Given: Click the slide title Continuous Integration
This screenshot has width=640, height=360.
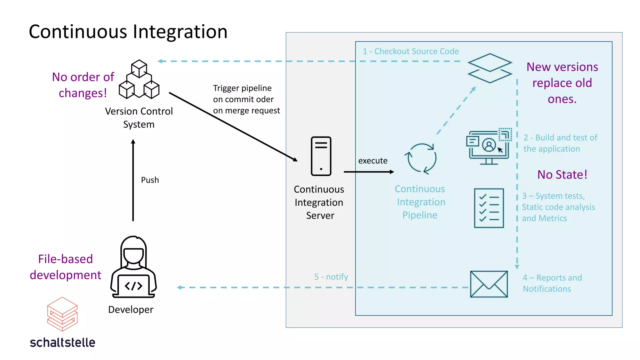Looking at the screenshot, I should pyautogui.click(x=128, y=32).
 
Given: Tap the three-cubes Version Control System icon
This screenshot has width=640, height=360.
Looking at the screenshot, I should pyautogui.click(x=139, y=80).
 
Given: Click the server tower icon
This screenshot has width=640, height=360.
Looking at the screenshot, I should pyautogui.click(x=321, y=156).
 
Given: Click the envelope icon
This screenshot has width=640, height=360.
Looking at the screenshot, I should pyautogui.click(x=489, y=284).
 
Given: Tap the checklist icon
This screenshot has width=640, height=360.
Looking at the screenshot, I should pyautogui.click(x=489, y=208).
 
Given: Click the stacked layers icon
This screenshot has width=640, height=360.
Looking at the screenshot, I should pyautogui.click(x=490, y=68).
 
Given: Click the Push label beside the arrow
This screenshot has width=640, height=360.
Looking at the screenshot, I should pyautogui.click(x=150, y=180).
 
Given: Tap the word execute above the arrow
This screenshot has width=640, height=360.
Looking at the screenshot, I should pyautogui.click(x=372, y=161).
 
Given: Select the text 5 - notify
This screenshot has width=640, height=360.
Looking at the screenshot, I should pyautogui.click(x=331, y=277).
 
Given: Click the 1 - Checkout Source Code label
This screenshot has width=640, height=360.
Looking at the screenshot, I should pyautogui.click(x=411, y=51).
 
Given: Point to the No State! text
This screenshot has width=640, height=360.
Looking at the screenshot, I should pyautogui.click(x=562, y=175).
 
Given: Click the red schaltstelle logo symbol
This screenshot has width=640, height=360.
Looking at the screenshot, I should pyautogui.click(x=62, y=314).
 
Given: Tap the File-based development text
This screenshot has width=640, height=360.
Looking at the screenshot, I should pyautogui.click(x=65, y=267).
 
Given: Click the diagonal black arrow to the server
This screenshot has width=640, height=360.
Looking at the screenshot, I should pyautogui.click(x=233, y=127).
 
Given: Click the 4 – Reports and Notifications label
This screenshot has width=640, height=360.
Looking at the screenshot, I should pyautogui.click(x=552, y=283).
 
